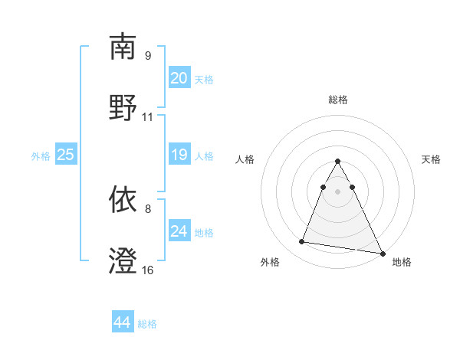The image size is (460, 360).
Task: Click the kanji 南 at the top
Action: [123, 47]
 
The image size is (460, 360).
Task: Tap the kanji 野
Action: [123, 107]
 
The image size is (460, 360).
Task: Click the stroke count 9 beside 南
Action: [147, 56]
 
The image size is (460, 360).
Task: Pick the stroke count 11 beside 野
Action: [148, 117]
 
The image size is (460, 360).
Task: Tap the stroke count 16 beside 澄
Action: [148, 270]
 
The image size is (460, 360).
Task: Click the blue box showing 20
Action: [179, 78]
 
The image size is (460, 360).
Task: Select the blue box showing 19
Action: [179, 155]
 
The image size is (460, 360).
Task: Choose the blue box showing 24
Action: [179, 231]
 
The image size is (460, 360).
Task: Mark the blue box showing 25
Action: [66, 155]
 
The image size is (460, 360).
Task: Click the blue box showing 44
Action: [123, 322]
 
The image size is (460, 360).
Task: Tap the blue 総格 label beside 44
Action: [147, 324]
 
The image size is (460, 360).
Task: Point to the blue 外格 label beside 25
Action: [41, 155]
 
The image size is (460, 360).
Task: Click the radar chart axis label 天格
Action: [431, 159]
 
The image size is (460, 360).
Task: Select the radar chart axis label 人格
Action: [245, 159]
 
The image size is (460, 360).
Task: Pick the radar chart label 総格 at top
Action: [338, 100]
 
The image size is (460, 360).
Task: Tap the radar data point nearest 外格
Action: [301, 242]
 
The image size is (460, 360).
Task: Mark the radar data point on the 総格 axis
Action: [337, 161]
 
